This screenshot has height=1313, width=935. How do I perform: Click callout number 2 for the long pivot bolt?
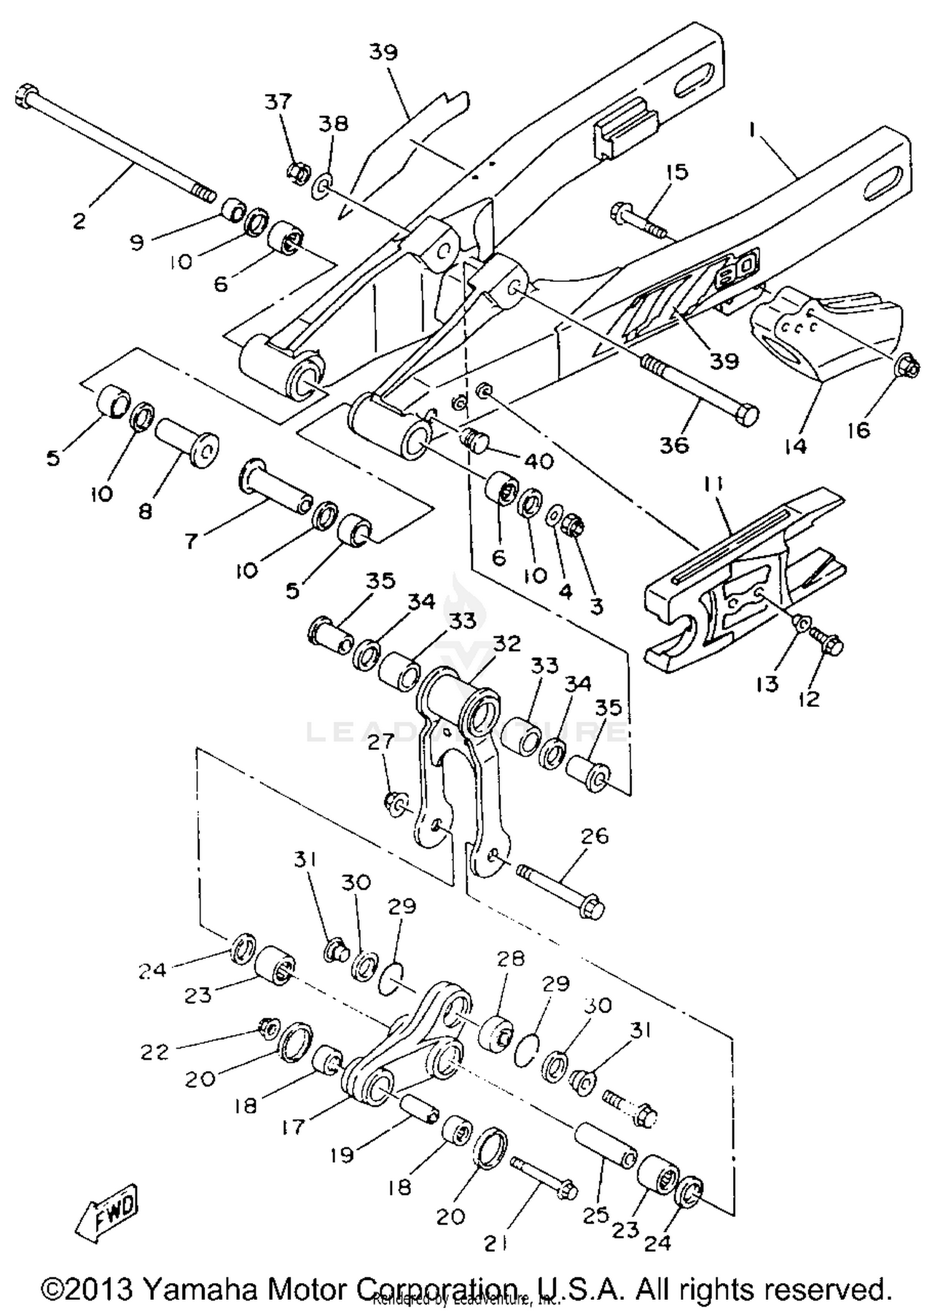(79, 221)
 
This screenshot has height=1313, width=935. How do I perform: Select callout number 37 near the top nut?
(278, 102)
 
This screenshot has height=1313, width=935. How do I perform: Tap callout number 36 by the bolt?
(674, 445)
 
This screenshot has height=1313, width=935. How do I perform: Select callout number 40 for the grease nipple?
(539, 461)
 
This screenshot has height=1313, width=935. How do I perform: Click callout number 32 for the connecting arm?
(506, 643)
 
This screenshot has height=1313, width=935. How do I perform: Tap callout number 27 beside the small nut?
(381, 742)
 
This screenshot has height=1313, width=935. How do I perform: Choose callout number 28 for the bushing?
(511, 958)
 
